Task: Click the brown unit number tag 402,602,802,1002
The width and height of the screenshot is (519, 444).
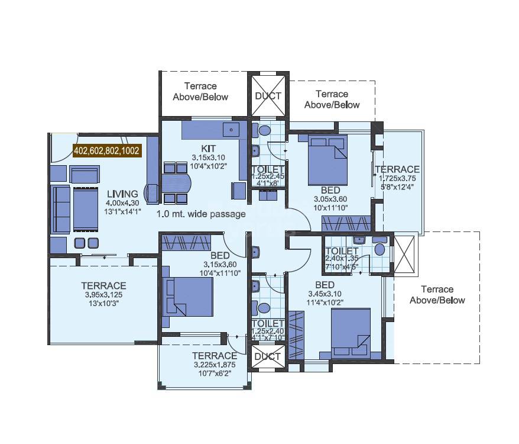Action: click(x=107, y=151)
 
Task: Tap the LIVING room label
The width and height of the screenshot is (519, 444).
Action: click(x=122, y=194)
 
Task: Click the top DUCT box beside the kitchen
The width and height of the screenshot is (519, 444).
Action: click(x=268, y=95)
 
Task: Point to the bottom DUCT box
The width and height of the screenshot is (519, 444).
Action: click(x=268, y=356)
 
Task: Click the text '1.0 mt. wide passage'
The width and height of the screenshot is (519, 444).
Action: click(x=201, y=214)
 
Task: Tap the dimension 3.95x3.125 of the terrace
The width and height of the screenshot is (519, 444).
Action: click(x=104, y=294)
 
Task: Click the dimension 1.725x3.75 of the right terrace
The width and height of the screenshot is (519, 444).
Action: click(x=400, y=178)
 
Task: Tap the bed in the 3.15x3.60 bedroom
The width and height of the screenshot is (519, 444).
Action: click(x=189, y=296)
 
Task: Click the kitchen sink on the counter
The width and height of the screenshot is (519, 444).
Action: click(x=229, y=129)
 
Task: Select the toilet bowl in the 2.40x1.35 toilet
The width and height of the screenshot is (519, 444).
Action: click(x=379, y=249)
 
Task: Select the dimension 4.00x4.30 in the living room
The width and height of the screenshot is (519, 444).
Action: click(x=122, y=203)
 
